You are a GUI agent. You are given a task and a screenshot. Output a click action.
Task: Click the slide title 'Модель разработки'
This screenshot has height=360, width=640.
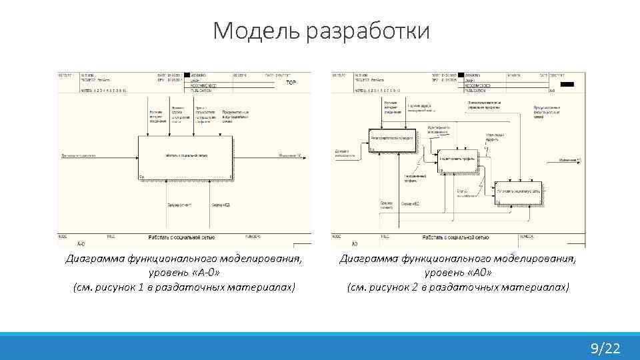coord(321,31)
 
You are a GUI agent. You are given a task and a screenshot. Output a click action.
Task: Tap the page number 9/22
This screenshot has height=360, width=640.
coord(605,348)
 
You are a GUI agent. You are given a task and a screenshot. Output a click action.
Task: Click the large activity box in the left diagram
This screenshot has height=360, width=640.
coord(185,157)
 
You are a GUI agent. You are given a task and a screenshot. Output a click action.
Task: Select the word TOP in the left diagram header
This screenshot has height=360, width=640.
coord(291,83)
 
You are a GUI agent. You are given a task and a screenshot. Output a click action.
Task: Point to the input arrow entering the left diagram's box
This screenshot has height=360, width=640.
coord(100,156)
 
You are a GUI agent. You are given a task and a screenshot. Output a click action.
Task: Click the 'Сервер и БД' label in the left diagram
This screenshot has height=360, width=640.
coord(221,205)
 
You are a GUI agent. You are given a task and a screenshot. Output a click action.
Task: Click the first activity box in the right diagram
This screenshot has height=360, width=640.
coord(391,139)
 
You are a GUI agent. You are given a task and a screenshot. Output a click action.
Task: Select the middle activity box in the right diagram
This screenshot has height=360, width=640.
coord(459,161)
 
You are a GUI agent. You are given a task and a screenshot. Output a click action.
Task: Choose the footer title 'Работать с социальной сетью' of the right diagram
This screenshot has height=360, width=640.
coord(455,237)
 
